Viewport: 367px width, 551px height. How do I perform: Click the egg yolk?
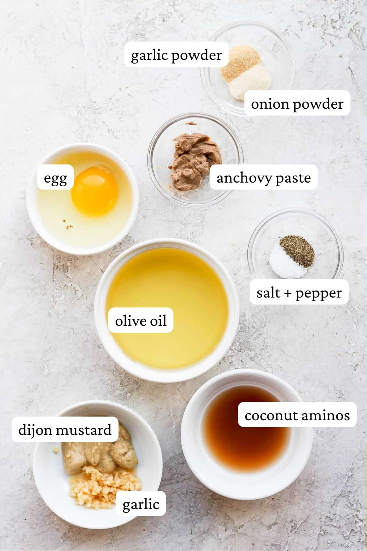click(94, 191)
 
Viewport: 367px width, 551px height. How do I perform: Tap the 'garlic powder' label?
click(176, 55)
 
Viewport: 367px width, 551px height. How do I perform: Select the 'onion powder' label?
click(297, 104)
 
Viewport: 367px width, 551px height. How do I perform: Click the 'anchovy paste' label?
click(263, 178)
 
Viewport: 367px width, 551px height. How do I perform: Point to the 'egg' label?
click(55, 178)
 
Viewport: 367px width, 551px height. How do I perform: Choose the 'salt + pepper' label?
click(299, 293)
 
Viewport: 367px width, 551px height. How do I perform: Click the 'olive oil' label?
click(141, 321)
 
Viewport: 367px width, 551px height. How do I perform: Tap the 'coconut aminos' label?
click(297, 415)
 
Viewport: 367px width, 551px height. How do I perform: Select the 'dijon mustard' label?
click(65, 429)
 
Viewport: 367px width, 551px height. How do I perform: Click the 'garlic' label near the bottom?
click(141, 504)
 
